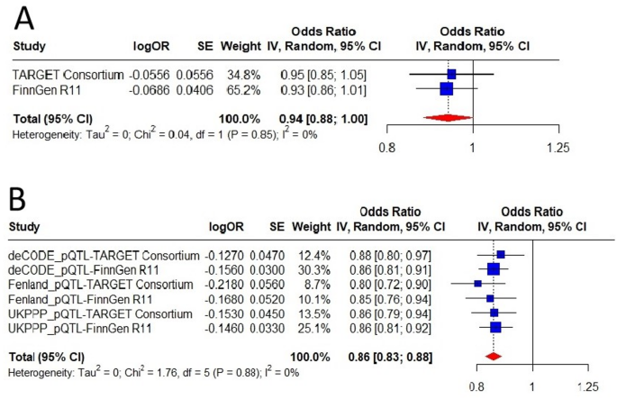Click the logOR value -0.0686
[x=154, y=88]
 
